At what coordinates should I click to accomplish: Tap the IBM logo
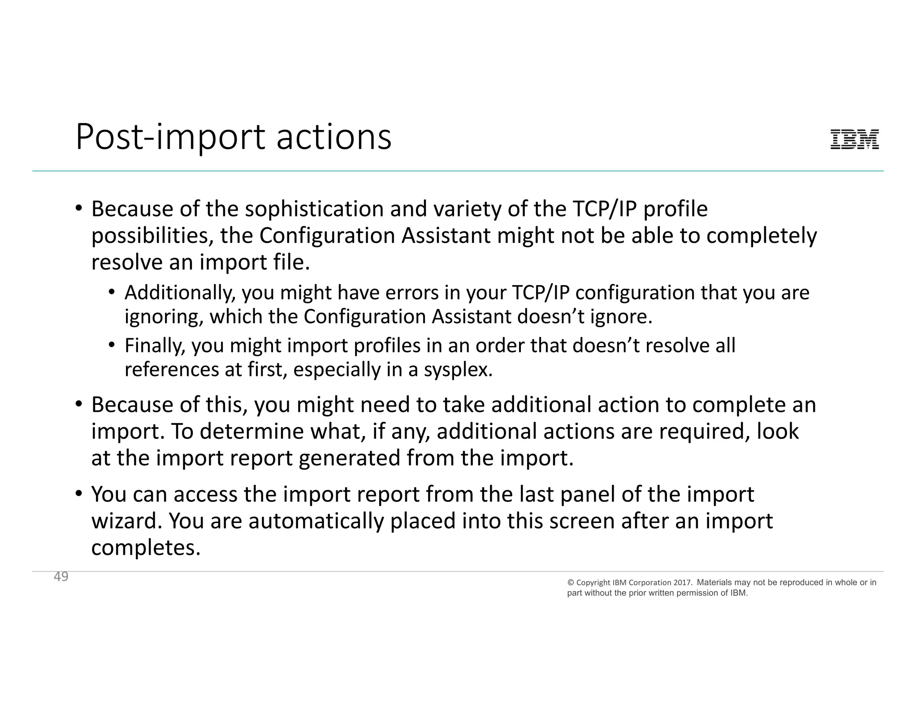(x=854, y=139)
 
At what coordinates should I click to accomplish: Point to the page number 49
(x=61, y=577)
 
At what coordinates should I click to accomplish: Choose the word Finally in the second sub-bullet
(x=154, y=346)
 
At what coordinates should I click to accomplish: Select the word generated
(x=349, y=458)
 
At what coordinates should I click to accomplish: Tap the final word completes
(x=146, y=548)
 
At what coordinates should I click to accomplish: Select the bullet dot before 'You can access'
(x=79, y=494)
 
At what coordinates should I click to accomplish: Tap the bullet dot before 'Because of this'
(x=79, y=404)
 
